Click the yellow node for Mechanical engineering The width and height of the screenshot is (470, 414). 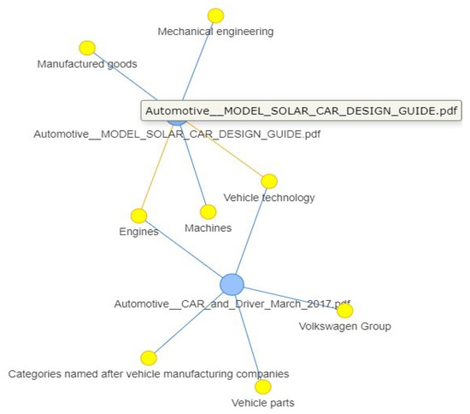pos(216,15)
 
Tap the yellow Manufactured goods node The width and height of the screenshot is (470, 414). pos(86,48)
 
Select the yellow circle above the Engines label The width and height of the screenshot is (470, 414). pos(139,216)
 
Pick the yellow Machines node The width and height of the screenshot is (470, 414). pos(208,211)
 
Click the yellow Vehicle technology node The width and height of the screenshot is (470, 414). pos(269,180)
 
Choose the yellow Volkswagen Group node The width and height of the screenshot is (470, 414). pos(344,310)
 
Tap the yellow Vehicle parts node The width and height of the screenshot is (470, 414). pos(263,387)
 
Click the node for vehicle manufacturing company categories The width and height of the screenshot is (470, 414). pos(149,358)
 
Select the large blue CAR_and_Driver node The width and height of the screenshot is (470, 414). pos(232,284)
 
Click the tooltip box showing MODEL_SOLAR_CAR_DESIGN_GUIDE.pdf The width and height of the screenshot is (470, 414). pos(301,110)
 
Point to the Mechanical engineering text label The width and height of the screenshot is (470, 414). pos(216,32)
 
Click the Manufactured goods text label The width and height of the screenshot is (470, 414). pos(87,63)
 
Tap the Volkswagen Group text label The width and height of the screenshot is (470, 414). pos(344,326)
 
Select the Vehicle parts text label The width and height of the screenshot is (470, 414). pos(263,402)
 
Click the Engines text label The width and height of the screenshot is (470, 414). pos(138,232)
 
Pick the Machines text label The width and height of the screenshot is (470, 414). pos(208,228)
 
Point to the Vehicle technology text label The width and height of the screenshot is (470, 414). pos(269,198)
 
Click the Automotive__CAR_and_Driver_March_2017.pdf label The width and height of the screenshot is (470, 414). pos(232,304)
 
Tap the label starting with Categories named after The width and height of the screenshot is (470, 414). pos(149,374)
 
